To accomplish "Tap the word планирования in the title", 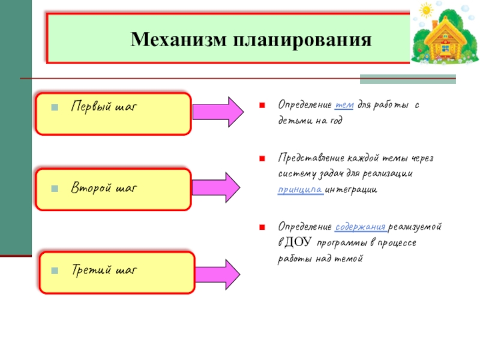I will click(295, 40).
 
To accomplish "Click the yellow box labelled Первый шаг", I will click(113, 113).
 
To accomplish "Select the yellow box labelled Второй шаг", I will click(113, 189).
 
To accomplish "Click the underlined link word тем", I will click(345, 105).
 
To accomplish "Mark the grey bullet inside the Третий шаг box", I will click(54, 271).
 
